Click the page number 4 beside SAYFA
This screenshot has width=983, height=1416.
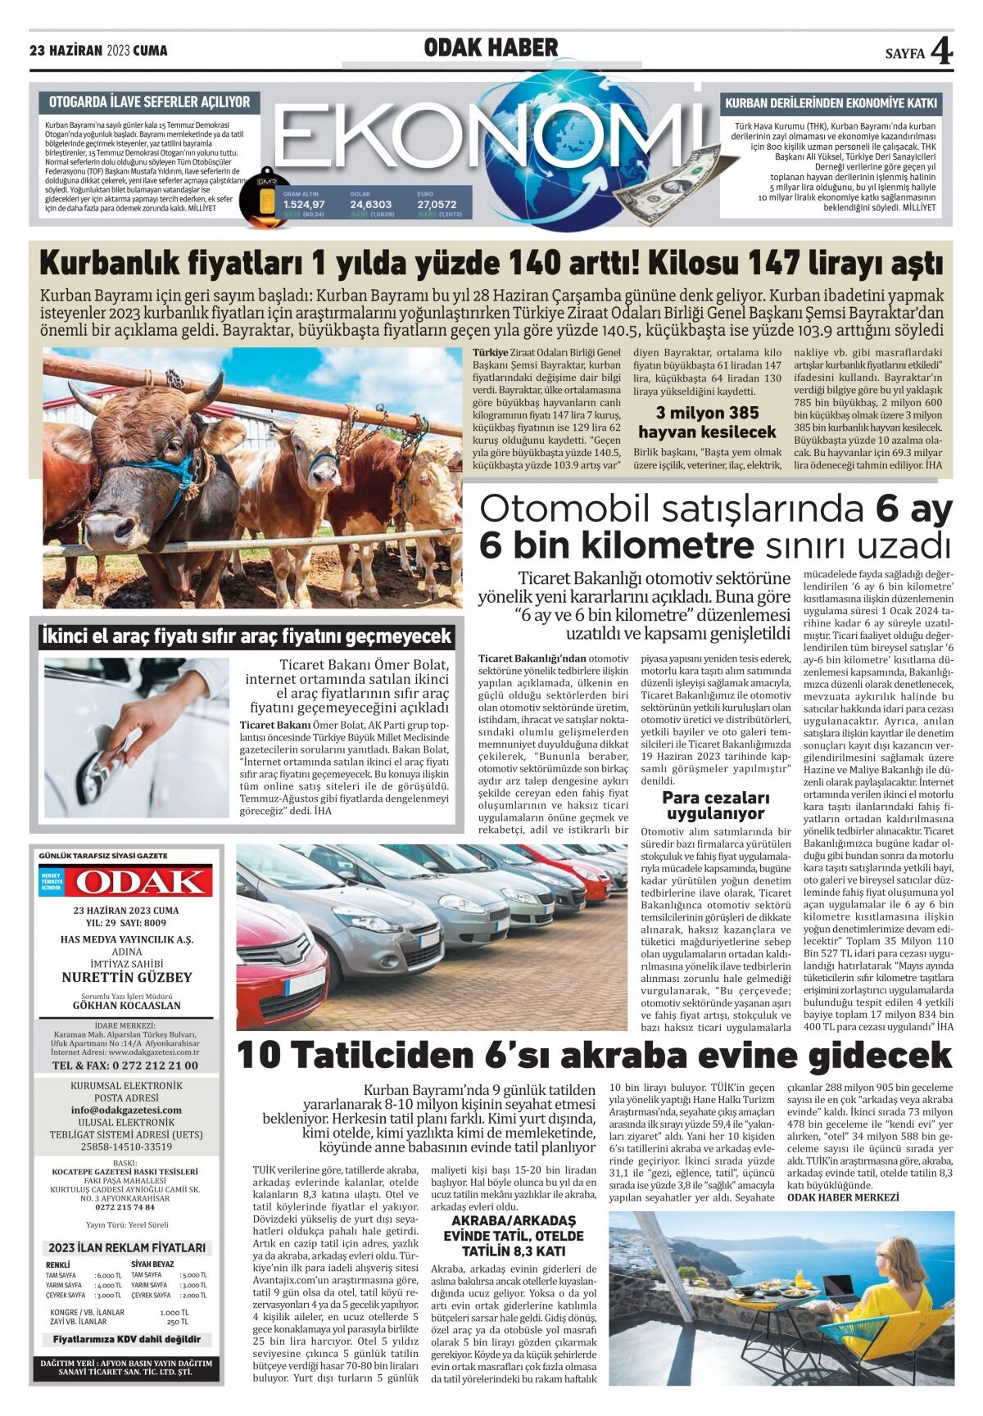tap(941, 52)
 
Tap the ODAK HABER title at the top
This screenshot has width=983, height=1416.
tap(491, 48)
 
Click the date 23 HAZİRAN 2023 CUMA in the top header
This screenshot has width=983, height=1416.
tap(98, 51)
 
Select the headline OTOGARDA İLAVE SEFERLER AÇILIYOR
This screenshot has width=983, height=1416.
tap(149, 102)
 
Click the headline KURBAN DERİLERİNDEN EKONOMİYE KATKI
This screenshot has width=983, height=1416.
tap(831, 104)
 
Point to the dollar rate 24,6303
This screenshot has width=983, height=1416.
tap(370, 204)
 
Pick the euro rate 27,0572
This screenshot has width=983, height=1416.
tap(437, 204)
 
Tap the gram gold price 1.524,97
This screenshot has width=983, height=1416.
tap(304, 204)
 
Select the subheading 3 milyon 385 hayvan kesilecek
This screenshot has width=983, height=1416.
tap(707, 422)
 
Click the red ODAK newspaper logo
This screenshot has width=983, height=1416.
tap(138, 881)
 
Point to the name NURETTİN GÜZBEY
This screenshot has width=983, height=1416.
tap(126, 977)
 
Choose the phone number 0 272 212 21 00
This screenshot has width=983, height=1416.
tap(125, 1065)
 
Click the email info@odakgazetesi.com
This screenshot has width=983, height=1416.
tap(126, 1110)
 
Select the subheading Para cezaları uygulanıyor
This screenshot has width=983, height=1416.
tap(715, 805)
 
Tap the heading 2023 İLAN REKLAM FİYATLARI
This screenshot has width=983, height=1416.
tap(126, 1247)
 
